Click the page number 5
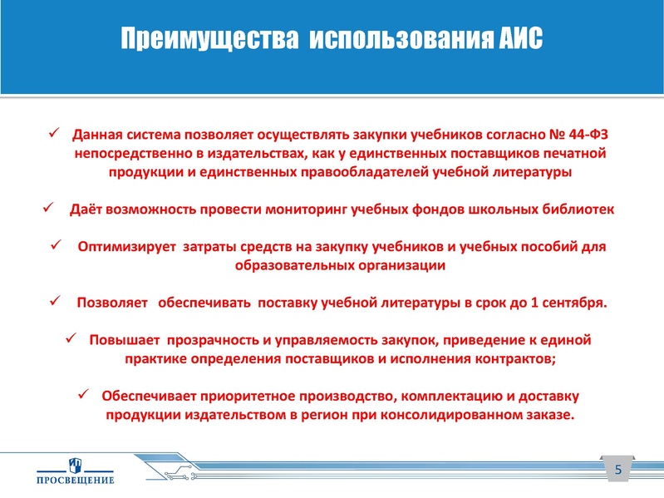(617, 471)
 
